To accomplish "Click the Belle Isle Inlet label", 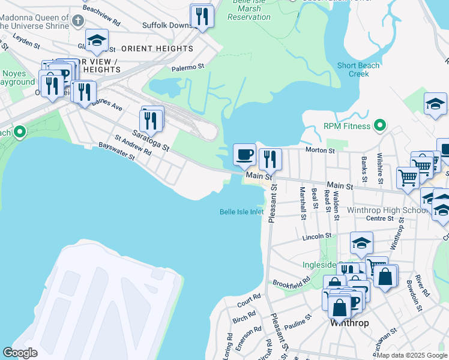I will tap(241, 212).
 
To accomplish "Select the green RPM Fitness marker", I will tap(379, 126).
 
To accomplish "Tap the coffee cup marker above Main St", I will tap(244, 155).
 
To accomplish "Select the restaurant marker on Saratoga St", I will tap(152, 119).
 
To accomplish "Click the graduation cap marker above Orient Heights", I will tap(97, 40).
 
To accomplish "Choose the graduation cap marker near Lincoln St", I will tap(361, 243).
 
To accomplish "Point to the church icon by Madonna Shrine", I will tap(77, 22).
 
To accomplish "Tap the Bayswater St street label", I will tap(116, 151).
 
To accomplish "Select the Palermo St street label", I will tap(188, 68).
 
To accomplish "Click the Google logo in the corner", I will tap(20, 353).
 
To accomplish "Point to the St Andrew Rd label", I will tap(134, 146).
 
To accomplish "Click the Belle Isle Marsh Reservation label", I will tap(250, 10).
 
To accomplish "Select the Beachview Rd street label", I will tap(101, 10).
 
